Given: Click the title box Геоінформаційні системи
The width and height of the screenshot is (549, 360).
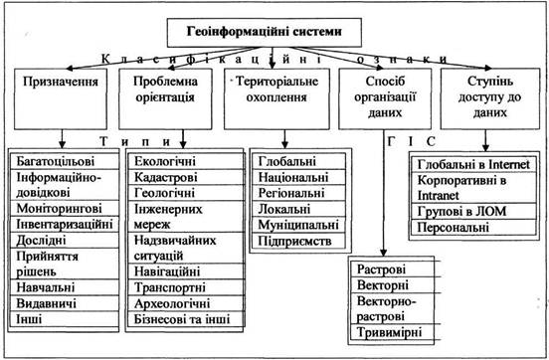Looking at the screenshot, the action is coord(265,33).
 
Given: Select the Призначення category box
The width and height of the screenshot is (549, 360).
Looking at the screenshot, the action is coord(61,98).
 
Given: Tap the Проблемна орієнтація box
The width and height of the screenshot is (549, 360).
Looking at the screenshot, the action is coord(165,98).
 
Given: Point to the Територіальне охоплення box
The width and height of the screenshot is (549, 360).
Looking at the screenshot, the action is coord(276,98).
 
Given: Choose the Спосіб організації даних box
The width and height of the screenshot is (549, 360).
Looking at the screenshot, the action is coord(385,98).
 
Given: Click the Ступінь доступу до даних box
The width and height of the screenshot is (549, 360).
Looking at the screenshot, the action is coord(490,98).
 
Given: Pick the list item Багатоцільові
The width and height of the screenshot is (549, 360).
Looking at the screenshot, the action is coord(56,161).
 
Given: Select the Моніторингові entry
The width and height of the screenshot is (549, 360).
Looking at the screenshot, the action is coord(59,209).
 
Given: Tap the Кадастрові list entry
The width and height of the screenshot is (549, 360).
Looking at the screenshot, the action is coord(166,177).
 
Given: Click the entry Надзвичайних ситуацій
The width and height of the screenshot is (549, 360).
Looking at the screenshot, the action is coord(175,248).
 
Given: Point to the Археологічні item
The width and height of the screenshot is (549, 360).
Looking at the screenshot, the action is coord(172,303).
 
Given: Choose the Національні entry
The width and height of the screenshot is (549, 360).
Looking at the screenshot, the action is coord(293,177).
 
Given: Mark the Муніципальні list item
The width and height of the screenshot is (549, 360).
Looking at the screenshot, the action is coord(298,225).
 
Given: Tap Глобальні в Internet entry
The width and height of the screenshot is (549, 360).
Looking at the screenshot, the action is coord(473,164).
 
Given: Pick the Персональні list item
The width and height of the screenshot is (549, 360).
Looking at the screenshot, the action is coord(454,228).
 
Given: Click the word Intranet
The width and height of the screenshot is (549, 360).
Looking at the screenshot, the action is coord(438,195).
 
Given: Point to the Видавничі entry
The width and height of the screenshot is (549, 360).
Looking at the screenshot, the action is coord(46,303).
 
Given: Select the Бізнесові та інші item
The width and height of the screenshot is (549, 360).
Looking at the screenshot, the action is coord(182,319).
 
